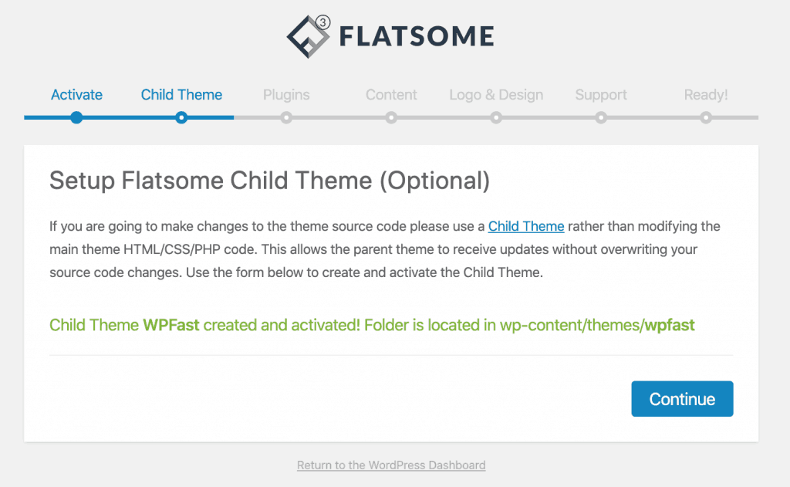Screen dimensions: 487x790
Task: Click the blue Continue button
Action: click(x=682, y=399)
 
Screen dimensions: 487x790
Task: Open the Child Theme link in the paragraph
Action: click(x=526, y=226)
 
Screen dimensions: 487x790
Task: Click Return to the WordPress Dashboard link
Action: click(x=391, y=465)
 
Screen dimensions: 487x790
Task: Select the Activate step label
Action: click(x=76, y=95)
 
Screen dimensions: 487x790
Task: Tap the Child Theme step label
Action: click(x=181, y=95)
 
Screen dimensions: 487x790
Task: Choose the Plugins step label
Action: click(x=286, y=95)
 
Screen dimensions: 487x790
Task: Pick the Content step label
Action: click(x=391, y=95)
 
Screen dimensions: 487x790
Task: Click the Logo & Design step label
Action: click(x=496, y=95)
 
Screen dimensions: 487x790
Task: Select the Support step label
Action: click(x=601, y=95)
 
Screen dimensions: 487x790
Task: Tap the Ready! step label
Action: click(x=706, y=95)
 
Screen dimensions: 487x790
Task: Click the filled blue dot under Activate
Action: click(x=76, y=118)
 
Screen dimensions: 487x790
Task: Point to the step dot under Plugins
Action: click(x=286, y=118)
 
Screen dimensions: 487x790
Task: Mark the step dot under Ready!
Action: click(x=706, y=118)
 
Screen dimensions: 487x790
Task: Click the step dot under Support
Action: click(x=601, y=118)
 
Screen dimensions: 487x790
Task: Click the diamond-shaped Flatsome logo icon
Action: click(x=307, y=36)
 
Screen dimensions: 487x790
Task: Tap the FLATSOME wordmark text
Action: click(x=416, y=36)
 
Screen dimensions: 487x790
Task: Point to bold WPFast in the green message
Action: click(x=171, y=325)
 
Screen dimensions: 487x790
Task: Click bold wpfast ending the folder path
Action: click(x=670, y=325)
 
